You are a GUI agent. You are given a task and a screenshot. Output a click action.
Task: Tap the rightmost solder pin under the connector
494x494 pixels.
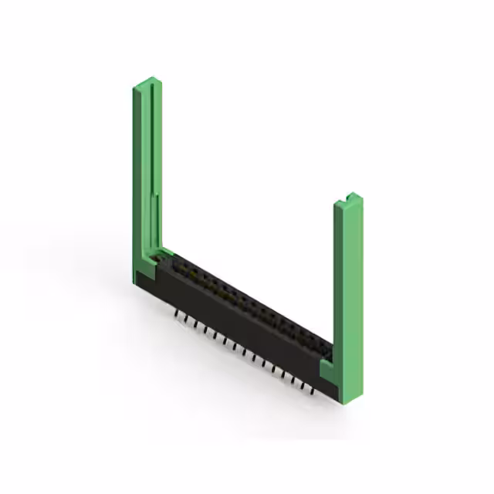point(312,391)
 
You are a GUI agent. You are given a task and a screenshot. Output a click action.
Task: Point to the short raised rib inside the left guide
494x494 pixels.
point(157,216)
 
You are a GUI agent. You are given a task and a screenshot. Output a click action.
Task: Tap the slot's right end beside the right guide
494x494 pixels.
point(324,352)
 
